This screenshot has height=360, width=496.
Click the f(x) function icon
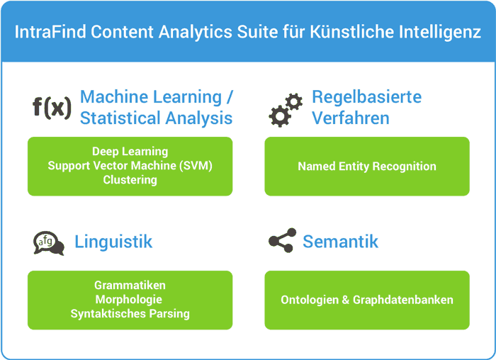pos(52,108)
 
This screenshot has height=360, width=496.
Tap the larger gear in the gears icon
pos(279,116)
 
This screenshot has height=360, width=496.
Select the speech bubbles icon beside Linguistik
pos(49,243)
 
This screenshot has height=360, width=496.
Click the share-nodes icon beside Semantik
pos(283,240)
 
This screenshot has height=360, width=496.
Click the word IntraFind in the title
pos(50,32)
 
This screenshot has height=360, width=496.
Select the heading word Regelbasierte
pos(366,97)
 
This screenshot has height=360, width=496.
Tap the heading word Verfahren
pos(351,118)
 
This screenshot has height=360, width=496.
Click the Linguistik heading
pos(113,242)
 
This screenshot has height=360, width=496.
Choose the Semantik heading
pos(340,242)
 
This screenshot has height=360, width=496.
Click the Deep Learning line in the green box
pos(130,152)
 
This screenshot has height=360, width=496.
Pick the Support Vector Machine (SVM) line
pos(130,166)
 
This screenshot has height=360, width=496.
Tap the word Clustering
pos(130,180)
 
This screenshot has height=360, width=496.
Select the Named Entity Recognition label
pos(367,167)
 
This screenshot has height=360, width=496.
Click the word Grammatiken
pos(130,286)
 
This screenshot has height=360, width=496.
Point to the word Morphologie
pos(129,300)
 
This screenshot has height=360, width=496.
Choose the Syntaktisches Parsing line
pos(130,314)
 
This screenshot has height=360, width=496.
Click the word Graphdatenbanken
pos(403,300)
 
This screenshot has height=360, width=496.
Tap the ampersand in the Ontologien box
pos(346,300)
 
